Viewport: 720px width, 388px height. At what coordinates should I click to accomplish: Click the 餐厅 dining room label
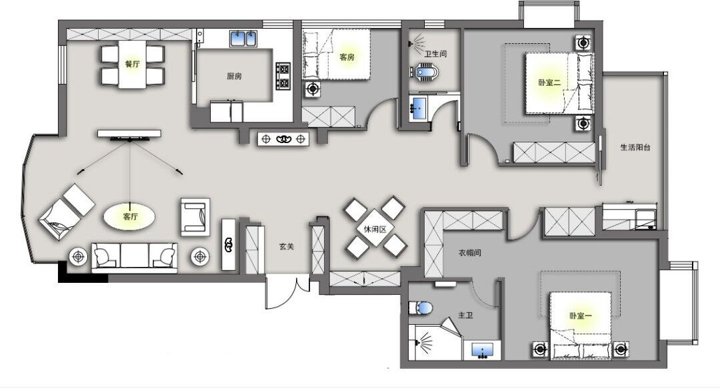point(132,64)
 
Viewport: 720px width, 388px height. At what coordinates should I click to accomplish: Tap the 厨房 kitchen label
point(234,76)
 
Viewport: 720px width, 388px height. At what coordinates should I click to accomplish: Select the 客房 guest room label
point(347,57)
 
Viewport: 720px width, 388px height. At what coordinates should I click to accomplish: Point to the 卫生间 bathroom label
point(435,54)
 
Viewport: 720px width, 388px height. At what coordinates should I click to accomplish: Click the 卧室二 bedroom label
point(549,83)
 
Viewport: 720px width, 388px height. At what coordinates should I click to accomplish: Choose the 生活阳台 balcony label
point(635,148)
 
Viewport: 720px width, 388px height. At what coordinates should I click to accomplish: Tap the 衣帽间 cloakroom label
point(470,253)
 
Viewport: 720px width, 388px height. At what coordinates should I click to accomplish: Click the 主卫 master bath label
point(465,315)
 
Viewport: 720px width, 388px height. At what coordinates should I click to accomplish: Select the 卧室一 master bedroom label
point(581,316)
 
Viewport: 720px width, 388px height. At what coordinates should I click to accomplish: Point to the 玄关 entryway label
point(287,247)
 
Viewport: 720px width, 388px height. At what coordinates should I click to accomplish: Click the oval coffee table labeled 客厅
point(129,216)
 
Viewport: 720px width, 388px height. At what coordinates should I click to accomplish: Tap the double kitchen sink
point(243,39)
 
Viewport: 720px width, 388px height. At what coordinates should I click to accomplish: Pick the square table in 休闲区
point(375,228)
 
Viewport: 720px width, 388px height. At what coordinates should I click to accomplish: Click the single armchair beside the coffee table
point(195,217)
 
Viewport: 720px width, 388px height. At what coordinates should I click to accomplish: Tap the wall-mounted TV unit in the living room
point(129,134)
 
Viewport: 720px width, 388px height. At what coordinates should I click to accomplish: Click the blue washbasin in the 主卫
point(482,350)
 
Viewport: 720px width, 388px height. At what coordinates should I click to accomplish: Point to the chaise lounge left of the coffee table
point(66,212)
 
